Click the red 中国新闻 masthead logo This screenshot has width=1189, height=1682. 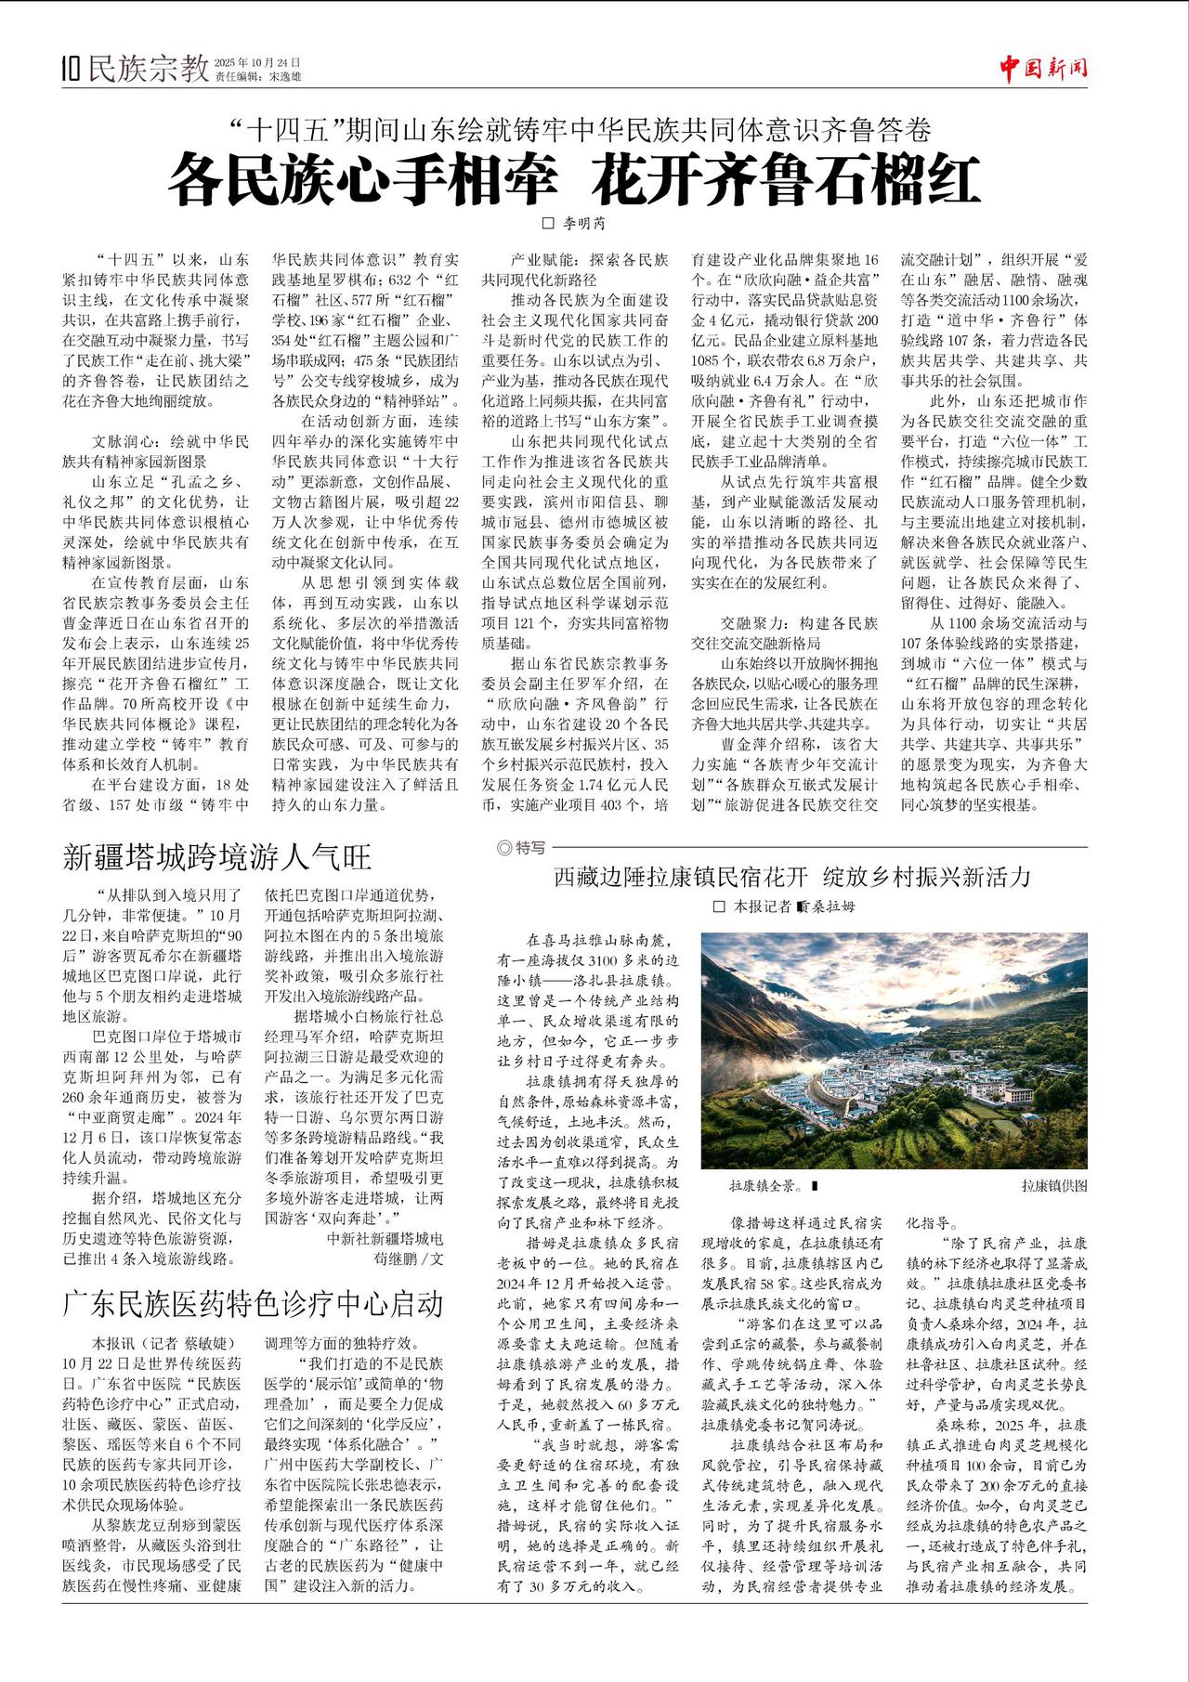coord(1043,67)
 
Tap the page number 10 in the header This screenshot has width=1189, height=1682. coord(71,69)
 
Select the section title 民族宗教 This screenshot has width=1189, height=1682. coord(148,68)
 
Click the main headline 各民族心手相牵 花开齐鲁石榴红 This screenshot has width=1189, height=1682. coord(574,180)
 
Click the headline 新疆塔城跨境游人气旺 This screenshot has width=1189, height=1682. coord(216,856)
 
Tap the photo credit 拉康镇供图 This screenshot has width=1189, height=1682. coord(1053,1186)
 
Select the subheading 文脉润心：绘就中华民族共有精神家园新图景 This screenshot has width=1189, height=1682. coord(156,450)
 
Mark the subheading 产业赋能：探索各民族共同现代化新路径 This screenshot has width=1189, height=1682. coord(575,269)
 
